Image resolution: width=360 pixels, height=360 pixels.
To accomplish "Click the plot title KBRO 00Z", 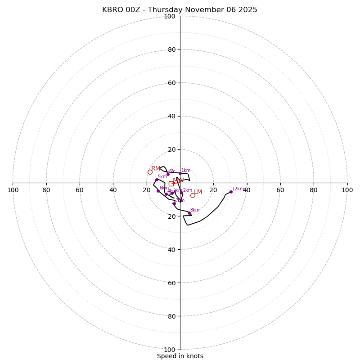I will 180,10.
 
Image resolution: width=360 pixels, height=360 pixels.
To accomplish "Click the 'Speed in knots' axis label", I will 180,356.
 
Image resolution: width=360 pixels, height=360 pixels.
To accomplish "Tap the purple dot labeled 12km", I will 231,192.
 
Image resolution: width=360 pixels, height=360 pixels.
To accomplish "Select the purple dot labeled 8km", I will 189,213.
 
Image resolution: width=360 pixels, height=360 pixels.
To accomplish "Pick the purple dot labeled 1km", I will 180,173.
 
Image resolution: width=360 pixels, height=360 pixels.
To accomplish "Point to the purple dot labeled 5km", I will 157,180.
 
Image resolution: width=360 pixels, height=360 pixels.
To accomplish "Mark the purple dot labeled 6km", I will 158,191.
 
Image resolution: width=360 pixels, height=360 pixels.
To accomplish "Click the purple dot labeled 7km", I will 174,203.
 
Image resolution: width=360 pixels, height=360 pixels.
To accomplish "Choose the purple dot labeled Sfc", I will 168,174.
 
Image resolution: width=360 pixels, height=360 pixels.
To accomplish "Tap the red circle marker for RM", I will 150,172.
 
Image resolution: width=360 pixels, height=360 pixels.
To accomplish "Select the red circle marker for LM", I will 193,195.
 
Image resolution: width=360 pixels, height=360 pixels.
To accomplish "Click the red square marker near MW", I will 171,183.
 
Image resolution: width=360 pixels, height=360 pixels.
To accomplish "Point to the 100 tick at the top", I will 170,16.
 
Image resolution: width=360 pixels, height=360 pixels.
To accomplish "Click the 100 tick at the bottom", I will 170,350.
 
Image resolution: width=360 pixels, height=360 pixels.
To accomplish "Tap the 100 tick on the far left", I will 13,190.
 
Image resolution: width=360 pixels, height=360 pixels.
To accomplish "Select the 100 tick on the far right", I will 347,190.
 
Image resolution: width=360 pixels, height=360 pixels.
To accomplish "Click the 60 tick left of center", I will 80,190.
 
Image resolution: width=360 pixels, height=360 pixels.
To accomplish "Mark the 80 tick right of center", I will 314,190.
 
